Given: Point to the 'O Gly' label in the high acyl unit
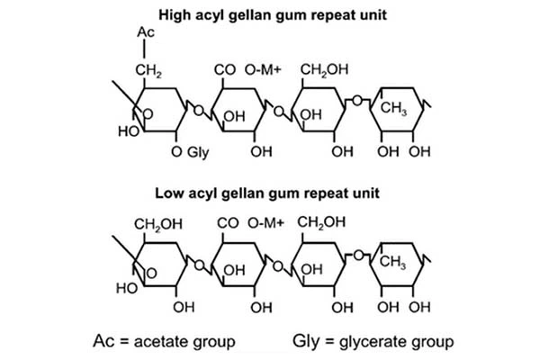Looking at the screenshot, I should click(190, 152).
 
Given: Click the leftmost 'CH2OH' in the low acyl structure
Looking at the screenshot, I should click(155, 223).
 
